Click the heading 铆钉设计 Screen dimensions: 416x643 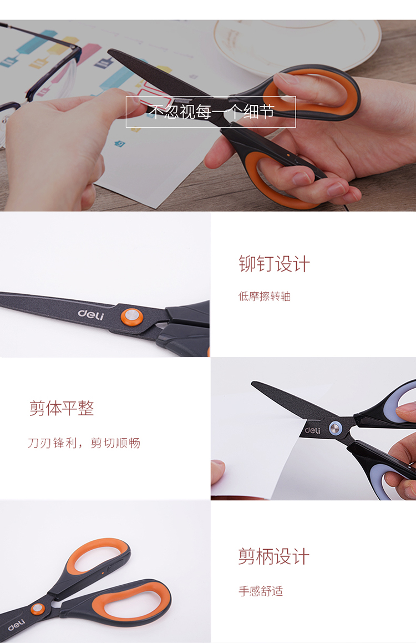coord(275,264)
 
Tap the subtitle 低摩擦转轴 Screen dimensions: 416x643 coord(265,296)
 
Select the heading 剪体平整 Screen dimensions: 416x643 coord(62,408)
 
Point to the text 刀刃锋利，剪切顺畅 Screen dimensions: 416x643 coord(84,443)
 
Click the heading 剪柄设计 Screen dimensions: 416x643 coord(274,556)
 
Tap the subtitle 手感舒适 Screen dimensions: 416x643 coord(261,591)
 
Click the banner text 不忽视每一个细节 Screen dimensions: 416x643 coord(211,112)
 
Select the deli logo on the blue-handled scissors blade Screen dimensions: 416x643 coord(312,430)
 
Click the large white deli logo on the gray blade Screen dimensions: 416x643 coord(91,314)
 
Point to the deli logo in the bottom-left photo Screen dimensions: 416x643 coord(17,625)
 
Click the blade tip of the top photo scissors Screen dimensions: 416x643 coord(110,51)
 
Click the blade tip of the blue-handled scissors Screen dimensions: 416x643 coord(253,384)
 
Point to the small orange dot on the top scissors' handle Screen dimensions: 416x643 coord(288,155)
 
